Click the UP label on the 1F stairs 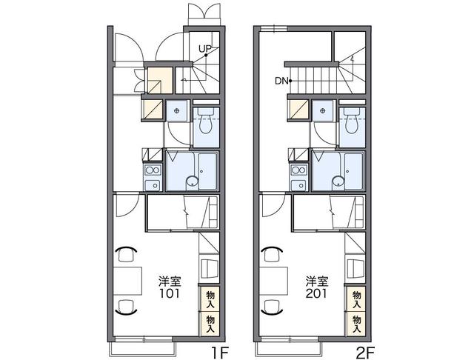click(204, 48)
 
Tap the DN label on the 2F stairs click(281, 81)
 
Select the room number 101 click(170, 293)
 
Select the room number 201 click(316, 293)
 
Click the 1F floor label click(220, 353)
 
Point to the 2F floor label click(366, 353)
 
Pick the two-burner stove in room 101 click(153, 170)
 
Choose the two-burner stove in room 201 click(299, 170)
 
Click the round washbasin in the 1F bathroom click(192, 181)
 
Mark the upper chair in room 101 click(126, 254)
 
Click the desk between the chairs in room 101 click(127, 281)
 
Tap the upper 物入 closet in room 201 click(357, 299)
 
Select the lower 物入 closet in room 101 click(210, 324)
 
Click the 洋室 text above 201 click(316, 281)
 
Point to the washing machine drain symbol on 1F click(176, 110)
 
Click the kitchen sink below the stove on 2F click(299, 184)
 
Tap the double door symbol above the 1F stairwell click(205, 14)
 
